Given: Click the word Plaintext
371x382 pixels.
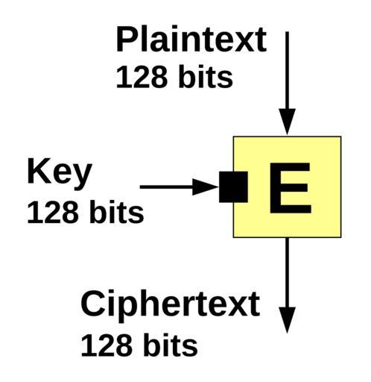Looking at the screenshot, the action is pyautogui.click(x=191, y=39).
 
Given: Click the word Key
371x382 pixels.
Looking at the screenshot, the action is pyautogui.click(x=60, y=175).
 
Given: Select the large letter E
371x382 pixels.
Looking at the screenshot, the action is pyautogui.click(x=291, y=188).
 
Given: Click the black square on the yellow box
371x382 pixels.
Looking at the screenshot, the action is pyautogui.click(x=233, y=187).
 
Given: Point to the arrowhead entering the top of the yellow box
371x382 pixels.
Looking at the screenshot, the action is pyautogui.click(x=287, y=122).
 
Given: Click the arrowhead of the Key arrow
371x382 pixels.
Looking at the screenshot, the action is pyautogui.click(x=205, y=187).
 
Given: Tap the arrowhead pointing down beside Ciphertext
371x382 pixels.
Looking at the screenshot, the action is pyautogui.click(x=287, y=320).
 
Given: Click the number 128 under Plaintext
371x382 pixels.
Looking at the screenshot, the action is pyautogui.click(x=142, y=77).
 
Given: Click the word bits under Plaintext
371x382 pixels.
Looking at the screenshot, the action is pyautogui.click(x=206, y=76).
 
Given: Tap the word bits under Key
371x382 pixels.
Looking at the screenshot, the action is pyautogui.click(x=116, y=211).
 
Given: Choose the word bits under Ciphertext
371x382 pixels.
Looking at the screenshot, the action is pyautogui.click(x=171, y=345).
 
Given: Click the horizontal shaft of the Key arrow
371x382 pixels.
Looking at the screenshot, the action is pyautogui.click(x=166, y=187).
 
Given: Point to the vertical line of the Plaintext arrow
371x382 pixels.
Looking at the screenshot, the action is pyautogui.click(x=287, y=70).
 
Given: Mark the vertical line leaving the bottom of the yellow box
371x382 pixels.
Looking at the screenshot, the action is pyautogui.click(x=287, y=272).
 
